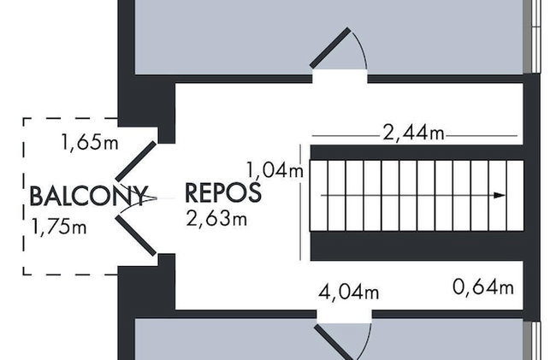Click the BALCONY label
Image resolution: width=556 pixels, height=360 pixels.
point(88,196)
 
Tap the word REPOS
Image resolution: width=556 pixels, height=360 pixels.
point(223,192)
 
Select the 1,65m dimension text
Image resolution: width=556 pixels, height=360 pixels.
point(90,142)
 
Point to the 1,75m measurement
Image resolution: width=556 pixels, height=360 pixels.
point(59,227)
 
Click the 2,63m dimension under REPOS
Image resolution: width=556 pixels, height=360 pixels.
point(216,219)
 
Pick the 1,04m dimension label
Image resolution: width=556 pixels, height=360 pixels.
point(275,169)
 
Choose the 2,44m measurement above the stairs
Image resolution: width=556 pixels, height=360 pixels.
point(413,133)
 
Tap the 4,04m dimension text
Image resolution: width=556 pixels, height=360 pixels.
point(348,292)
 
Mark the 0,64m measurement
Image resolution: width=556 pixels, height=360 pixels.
point(483,287)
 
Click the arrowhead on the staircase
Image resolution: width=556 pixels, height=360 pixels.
point(500,195)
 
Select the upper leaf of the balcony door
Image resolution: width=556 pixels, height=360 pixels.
point(136,161)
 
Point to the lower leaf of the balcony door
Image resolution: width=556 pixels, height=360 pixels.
point(136,235)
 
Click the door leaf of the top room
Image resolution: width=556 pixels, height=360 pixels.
point(330,48)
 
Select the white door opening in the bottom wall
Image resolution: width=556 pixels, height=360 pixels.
point(344,316)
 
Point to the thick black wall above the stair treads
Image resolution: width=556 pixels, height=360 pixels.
point(417,152)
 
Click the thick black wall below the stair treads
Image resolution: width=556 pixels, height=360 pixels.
point(417,246)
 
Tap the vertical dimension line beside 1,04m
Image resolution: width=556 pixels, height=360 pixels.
point(301,203)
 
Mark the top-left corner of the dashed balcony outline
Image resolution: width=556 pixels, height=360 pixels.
point(24,118)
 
